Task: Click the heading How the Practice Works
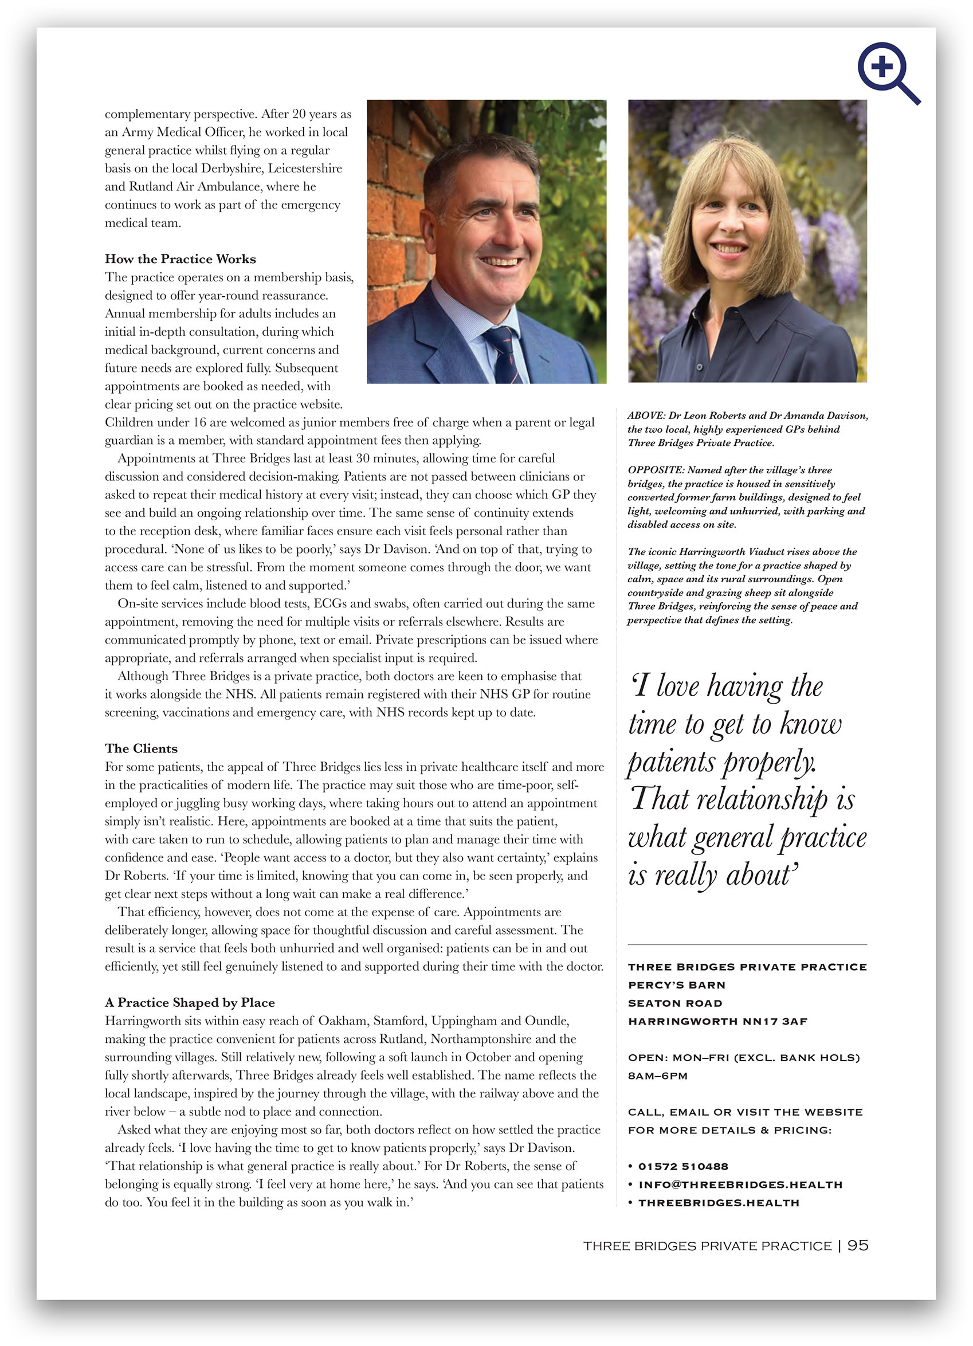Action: pos(181,260)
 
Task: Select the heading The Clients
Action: pos(142,748)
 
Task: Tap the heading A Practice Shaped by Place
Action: pos(190,1002)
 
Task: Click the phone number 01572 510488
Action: pos(682,1167)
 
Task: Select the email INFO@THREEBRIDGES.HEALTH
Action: pos(740,1184)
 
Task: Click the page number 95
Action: pos(857,1245)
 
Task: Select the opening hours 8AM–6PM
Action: pos(657,1076)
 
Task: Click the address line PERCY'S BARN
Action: pos(676,985)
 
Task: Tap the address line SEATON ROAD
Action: pos(675,1003)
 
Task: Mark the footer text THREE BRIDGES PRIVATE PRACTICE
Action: pos(707,1246)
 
